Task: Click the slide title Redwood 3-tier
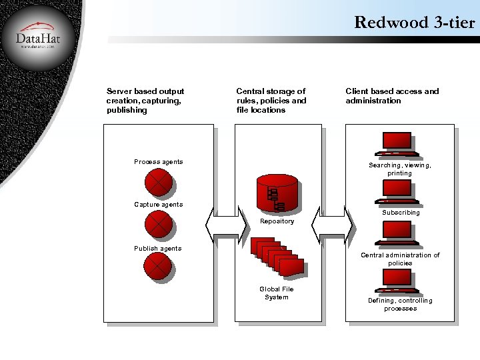(x=414, y=22)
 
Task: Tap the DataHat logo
(x=38, y=38)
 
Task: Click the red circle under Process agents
(x=159, y=181)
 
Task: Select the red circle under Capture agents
(x=159, y=224)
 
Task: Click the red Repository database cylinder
(x=277, y=193)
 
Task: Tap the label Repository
(x=277, y=221)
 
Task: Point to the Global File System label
(x=277, y=293)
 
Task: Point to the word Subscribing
(x=401, y=213)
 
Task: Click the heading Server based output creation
(x=145, y=101)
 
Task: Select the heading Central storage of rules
(x=271, y=101)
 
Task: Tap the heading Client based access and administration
(x=392, y=96)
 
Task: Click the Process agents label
(x=158, y=162)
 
